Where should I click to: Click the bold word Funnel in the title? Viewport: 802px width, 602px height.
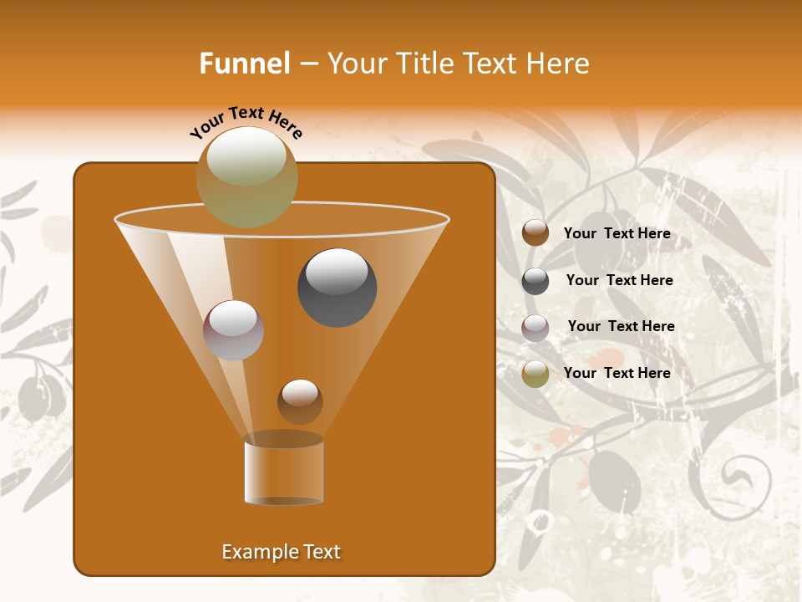[x=244, y=64]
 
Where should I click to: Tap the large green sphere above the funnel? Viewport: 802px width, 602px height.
[x=246, y=176]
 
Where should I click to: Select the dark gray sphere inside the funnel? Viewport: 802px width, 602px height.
[x=337, y=287]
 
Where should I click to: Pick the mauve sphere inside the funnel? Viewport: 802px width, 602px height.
[x=233, y=329]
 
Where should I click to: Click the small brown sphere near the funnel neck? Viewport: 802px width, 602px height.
[x=300, y=401]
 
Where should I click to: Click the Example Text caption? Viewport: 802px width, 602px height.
[x=281, y=552]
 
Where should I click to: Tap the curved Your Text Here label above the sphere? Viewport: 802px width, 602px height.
[x=246, y=121]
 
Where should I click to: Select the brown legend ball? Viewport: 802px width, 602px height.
[x=536, y=233]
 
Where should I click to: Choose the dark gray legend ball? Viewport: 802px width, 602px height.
[x=536, y=281]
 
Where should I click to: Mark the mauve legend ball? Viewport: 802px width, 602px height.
[x=536, y=328]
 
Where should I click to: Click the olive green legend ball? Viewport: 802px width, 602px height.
[x=536, y=374]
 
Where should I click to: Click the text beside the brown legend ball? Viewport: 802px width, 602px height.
[x=617, y=233]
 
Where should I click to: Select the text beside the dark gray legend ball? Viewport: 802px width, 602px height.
[x=619, y=280]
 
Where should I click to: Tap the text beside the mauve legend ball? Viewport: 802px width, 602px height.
[x=621, y=326]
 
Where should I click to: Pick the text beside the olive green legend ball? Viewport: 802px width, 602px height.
[x=617, y=373]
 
